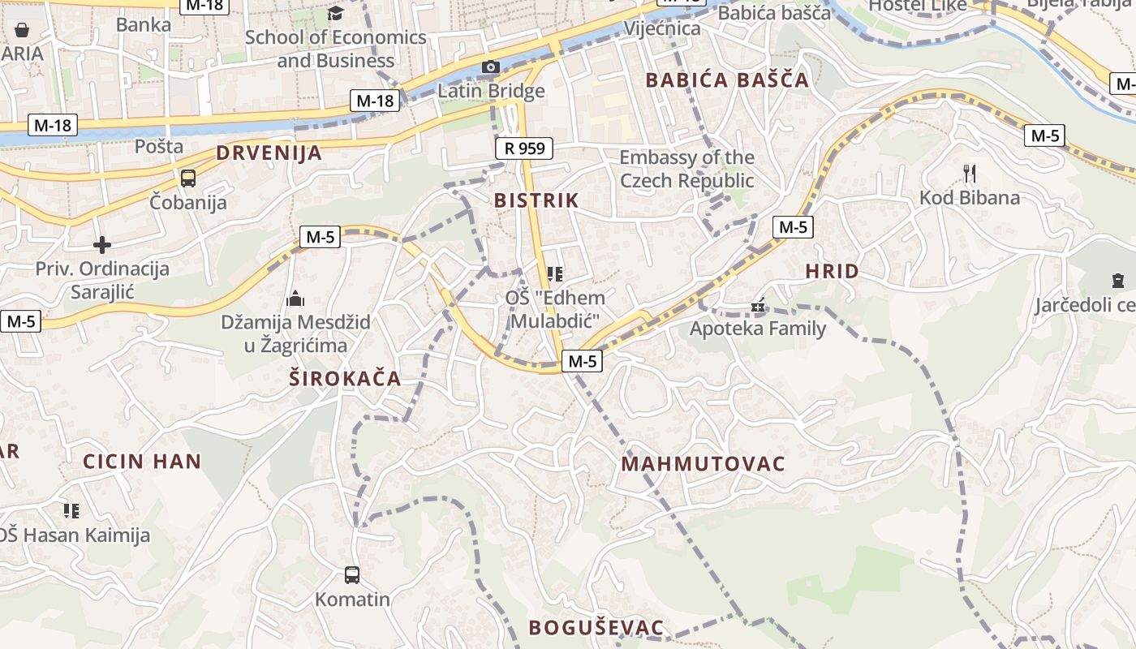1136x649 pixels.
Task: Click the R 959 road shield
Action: click(x=524, y=148)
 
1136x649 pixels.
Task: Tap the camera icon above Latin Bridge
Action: click(x=491, y=67)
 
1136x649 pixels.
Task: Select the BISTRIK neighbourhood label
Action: click(x=536, y=200)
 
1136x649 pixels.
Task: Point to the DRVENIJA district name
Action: click(x=269, y=153)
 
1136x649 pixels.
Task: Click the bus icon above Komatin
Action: click(x=351, y=575)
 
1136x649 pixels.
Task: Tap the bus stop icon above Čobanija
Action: click(x=188, y=178)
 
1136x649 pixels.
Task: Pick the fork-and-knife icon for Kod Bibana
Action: click(x=969, y=173)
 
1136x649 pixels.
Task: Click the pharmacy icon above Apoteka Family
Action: click(x=758, y=307)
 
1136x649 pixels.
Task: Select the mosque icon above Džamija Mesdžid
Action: click(x=295, y=299)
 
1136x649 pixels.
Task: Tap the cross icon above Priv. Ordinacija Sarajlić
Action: click(x=102, y=244)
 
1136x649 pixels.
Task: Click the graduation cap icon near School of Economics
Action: click(x=335, y=13)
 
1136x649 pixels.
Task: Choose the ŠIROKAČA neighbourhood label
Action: click(x=346, y=378)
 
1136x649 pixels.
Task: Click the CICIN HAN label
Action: click(x=142, y=462)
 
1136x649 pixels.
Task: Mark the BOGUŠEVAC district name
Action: click(x=596, y=627)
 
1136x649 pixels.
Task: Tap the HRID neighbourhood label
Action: click(x=832, y=272)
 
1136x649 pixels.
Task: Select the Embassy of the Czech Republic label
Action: click(x=686, y=169)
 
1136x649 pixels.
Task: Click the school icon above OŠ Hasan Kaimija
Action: click(x=71, y=510)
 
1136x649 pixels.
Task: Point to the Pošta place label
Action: click(x=159, y=147)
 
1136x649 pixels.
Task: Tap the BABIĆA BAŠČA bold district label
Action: click(x=727, y=80)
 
